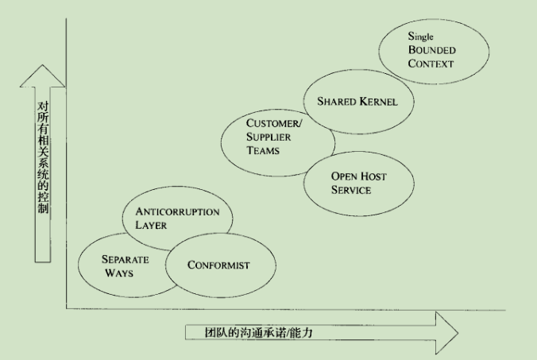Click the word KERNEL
pyautogui.click(x=377, y=103)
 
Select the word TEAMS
pyautogui.click(x=263, y=150)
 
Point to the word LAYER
pyautogui.click(x=150, y=225)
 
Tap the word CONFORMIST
pyautogui.click(x=219, y=265)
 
